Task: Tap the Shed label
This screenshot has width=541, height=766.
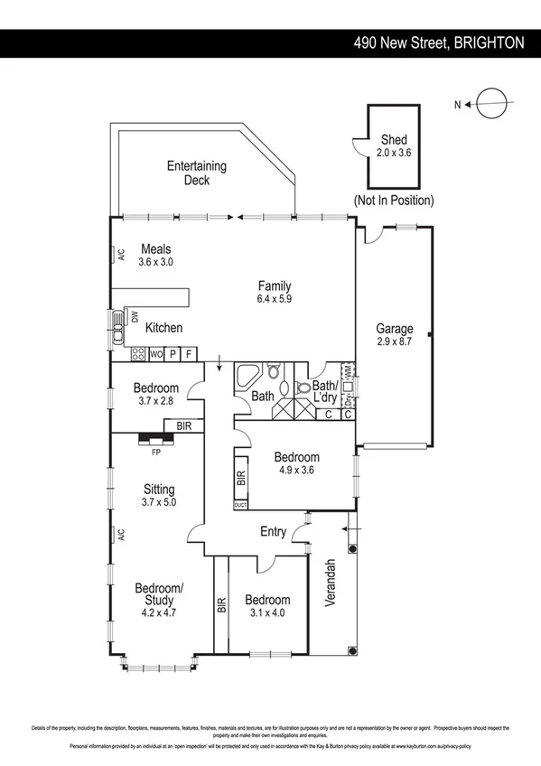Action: coord(394,140)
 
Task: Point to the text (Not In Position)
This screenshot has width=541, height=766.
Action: coord(394,200)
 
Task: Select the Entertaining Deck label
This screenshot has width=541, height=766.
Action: coord(196,173)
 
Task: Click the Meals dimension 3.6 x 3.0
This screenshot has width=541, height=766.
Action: coord(155,262)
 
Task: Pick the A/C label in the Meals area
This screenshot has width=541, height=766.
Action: coord(120,256)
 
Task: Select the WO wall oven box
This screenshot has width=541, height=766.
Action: coord(156,354)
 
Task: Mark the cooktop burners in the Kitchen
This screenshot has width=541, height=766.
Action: coord(139,354)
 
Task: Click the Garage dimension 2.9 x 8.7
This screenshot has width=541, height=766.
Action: coord(395,341)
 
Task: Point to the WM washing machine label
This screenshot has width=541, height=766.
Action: coord(348,370)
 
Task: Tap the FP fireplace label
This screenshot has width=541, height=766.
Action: coord(155,451)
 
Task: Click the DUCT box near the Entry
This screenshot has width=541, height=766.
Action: coord(240,505)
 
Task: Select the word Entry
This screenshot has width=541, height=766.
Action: coord(273,532)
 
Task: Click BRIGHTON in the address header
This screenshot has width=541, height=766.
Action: coord(489,42)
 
